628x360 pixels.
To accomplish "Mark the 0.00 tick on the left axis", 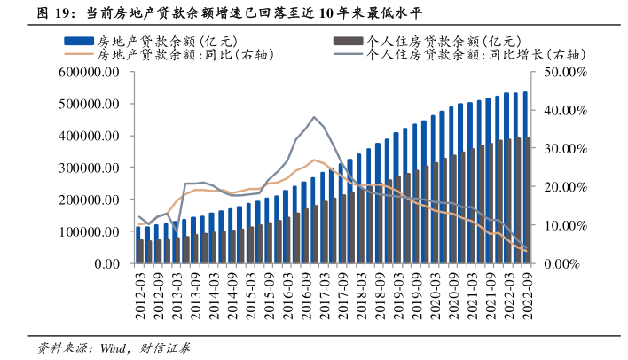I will pyautogui.click(x=106, y=264).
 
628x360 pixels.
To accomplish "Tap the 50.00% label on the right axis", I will pyautogui.click(x=564, y=73).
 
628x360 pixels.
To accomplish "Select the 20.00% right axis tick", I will pyautogui.click(x=564, y=188).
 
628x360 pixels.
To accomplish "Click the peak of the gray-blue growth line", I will pyautogui.click(x=313, y=116).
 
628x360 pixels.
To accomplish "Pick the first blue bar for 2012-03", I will pyautogui.click(x=138, y=245).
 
